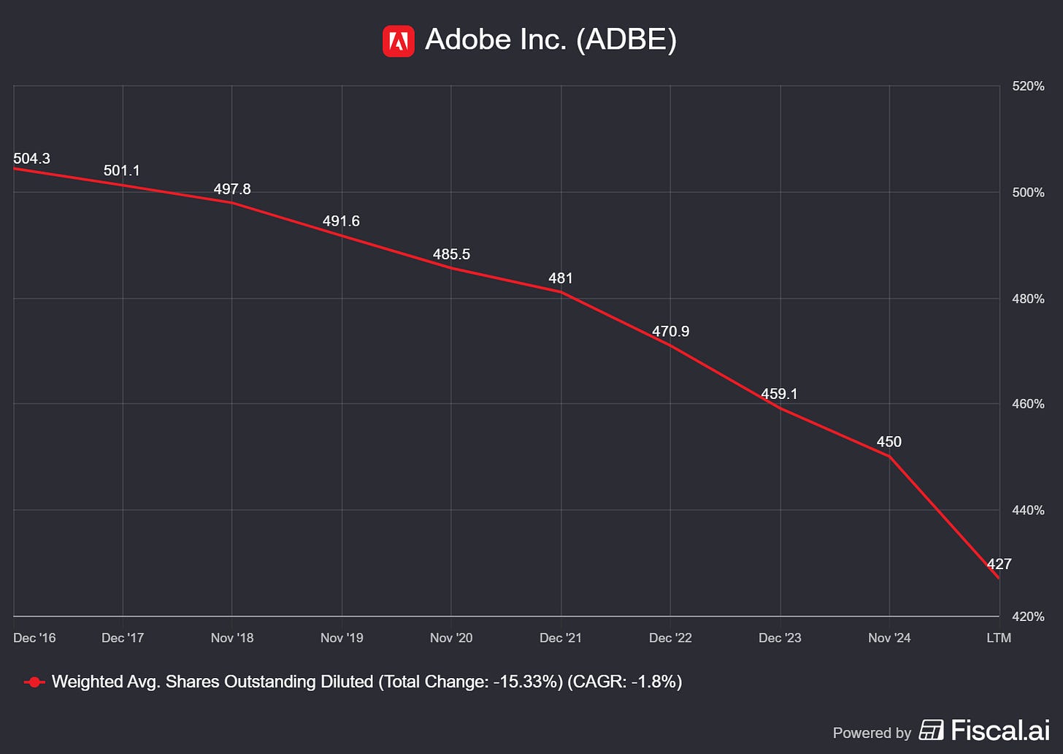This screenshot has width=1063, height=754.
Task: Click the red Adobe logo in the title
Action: [399, 41]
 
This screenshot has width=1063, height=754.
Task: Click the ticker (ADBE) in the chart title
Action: [626, 39]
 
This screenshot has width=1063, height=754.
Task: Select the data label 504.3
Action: [31, 159]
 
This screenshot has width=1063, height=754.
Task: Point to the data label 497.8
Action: [232, 189]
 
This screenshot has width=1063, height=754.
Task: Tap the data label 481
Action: [561, 278]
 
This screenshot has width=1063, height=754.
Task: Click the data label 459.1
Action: [779, 394]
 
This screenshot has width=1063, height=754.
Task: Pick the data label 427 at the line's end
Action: [999, 564]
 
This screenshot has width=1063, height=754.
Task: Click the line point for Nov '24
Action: [889, 456]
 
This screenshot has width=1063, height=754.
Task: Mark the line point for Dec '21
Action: [561, 292]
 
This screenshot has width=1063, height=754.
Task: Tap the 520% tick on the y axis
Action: [1028, 86]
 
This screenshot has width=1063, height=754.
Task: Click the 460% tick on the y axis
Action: [1028, 404]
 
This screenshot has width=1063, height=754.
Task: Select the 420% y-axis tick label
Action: [1028, 617]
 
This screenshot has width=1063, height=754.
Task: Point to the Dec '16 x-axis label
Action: [34, 638]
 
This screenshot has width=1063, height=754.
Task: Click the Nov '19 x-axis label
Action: [342, 638]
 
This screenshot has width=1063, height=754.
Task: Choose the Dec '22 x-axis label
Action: [670, 638]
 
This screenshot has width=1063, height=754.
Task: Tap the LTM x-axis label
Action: [999, 638]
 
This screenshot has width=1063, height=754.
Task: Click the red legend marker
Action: [34, 682]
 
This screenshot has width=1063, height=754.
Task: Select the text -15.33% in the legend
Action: [526, 682]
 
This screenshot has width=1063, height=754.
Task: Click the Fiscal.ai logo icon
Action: [931, 730]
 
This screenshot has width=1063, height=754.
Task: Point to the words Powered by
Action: [872, 733]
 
